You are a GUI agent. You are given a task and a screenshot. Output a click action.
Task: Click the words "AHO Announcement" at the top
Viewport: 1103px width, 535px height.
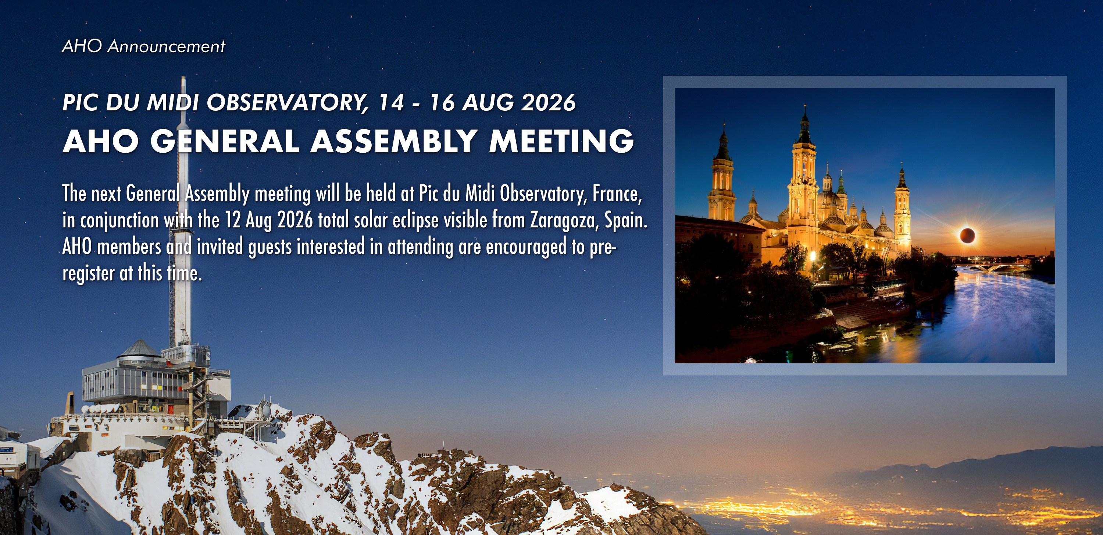(x=143, y=46)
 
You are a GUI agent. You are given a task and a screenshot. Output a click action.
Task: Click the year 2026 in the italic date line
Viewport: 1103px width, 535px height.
(x=548, y=102)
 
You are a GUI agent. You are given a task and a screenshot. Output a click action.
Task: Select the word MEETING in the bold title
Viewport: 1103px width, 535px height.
(x=561, y=141)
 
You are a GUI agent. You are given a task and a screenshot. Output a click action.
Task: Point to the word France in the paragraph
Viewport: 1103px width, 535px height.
(x=617, y=194)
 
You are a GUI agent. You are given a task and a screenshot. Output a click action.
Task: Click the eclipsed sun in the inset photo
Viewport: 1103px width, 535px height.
(x=967, y=235)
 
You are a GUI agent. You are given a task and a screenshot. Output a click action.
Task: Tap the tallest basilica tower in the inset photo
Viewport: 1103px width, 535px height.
(x=804, y=180)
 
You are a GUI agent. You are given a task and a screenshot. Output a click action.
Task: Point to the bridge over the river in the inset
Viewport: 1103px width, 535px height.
(x=998, y=266)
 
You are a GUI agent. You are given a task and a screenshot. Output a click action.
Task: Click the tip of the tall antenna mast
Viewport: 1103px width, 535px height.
(x=183, y=77)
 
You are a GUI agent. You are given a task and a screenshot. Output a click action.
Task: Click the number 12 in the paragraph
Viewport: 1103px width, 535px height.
(x=232, y=221)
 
